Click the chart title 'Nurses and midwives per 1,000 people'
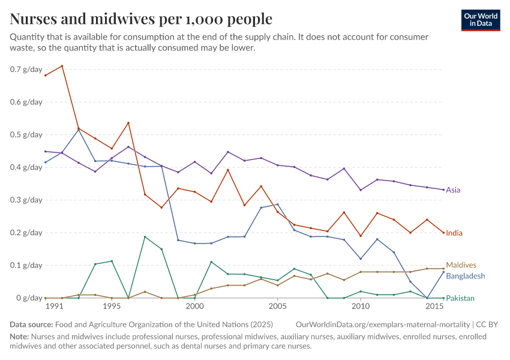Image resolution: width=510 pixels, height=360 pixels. [x=141, y=19]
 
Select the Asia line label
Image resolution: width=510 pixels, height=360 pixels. [x=453, y=190]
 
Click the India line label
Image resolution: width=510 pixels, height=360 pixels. [x=454, y=233]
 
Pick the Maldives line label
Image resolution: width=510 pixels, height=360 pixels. [x=461, y=265]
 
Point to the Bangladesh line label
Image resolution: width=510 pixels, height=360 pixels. [x=466, y=277]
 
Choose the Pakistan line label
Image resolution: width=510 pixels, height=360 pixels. [x=460, y=298]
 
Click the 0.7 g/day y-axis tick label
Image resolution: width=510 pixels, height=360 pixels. [x=26, y=69]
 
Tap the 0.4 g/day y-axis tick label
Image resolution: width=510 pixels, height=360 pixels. [x=26, y=167]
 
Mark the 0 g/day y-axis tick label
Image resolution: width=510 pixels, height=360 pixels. [x=29, y=298]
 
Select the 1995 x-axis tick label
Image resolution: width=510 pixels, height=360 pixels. [x=112, y=307]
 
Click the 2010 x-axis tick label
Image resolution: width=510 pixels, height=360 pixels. [x=360, y=307]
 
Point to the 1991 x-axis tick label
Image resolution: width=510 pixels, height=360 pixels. [x=54, y=307]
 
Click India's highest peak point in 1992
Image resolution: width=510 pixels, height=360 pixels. [x=62, y=66]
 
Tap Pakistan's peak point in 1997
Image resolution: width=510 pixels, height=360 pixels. [x=145, y=236]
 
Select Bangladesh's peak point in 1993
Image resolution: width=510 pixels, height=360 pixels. [x=79, y=129]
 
